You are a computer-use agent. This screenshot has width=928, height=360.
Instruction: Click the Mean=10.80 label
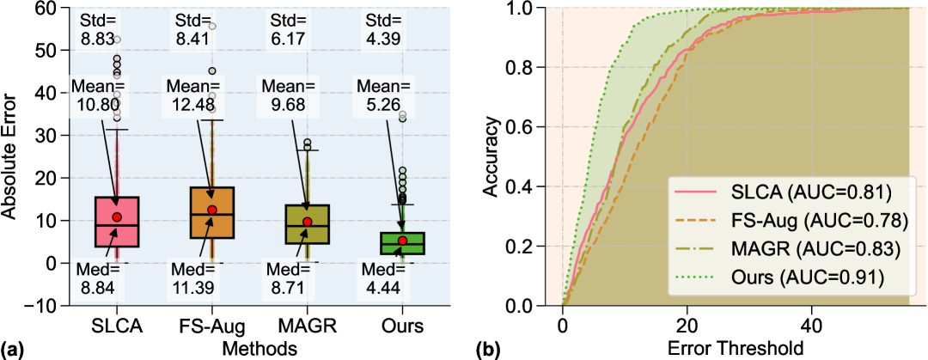pos(98,97)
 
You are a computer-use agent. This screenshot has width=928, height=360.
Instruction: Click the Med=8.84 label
pos(98,280)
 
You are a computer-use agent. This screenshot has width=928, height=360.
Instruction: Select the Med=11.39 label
pos(191,280)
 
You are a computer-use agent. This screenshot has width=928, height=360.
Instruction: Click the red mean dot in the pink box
pos(117,217)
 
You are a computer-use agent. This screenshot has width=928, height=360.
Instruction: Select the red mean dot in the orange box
pos(212,210)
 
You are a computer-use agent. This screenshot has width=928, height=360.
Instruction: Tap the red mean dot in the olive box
pos(307,222)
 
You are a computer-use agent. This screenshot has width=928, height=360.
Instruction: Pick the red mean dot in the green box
pos(402,240)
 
